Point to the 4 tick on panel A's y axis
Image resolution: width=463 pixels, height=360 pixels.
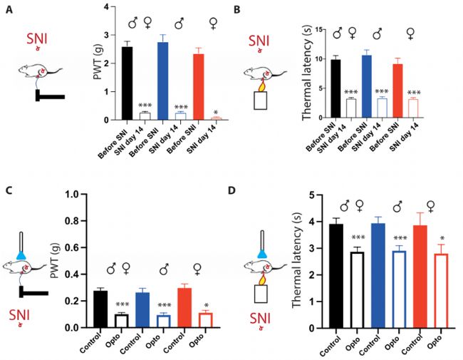[x=105, y=7]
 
